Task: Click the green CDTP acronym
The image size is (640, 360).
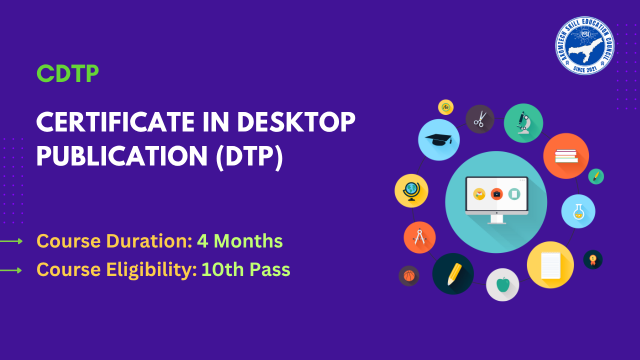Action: pos(67,74)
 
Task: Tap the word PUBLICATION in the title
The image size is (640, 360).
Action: pos(121,156)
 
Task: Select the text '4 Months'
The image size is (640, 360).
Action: pos(240,241)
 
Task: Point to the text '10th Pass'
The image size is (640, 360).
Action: pos(245,270)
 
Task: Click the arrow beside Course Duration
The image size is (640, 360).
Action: pos(11,241)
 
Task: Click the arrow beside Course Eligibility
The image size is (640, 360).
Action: pos(11,270)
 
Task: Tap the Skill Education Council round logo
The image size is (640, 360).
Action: pos(584,45)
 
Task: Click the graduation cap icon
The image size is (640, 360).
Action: pos(438,139)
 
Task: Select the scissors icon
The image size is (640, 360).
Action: pos(480,119)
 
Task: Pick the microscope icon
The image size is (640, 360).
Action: pos(523,122)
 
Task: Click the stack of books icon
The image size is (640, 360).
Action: pos(566,155)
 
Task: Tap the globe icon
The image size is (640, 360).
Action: pos(411,190)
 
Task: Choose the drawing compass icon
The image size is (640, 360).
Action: pos(419,237)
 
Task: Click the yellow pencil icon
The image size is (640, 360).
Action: pos(453,273)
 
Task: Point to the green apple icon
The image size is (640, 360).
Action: pos(502,284)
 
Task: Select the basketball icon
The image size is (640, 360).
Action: pos(409,275)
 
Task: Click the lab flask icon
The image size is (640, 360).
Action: pos(578,211)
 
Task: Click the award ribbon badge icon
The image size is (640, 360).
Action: pos(593,259)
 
